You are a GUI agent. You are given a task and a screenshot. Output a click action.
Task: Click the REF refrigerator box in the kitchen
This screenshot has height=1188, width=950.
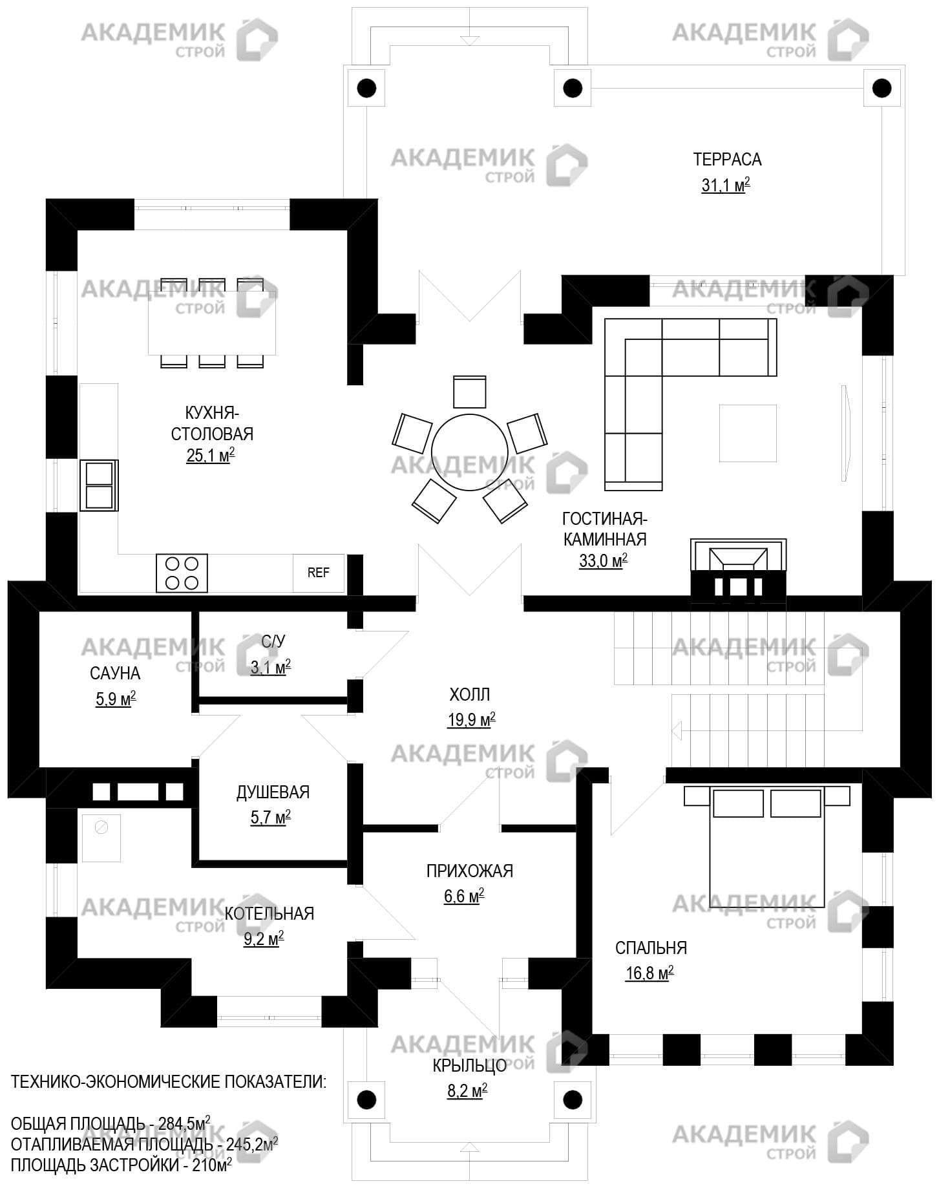click(318, 573)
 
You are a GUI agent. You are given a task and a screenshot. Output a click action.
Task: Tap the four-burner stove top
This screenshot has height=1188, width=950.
click(182, 573)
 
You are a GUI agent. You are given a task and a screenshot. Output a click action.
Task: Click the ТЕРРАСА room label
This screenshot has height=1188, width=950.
click(727, 159)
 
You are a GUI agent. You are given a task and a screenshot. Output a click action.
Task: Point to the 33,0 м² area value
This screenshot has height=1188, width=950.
click(602, 561)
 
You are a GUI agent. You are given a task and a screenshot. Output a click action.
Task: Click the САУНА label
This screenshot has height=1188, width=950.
click(115, 674)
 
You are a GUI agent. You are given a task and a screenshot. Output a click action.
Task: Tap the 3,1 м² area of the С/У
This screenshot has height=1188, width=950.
click(270, 667)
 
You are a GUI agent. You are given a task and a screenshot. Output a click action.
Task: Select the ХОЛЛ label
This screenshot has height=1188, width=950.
click(470, 695)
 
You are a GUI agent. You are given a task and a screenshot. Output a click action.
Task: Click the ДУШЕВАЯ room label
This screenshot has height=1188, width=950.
click(273, 792)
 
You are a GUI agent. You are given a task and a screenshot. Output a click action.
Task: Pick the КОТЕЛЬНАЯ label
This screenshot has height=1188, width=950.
click(269, 913)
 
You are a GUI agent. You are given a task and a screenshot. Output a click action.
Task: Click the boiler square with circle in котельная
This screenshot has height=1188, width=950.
click(101, 837)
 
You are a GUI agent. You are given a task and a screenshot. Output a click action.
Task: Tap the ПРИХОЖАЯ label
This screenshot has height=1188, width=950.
click(470, 871)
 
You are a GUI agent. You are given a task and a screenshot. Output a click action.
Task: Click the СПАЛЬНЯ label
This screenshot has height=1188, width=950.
click(651, 948)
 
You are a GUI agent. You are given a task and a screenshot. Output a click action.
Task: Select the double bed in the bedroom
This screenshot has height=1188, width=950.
click(767, 847)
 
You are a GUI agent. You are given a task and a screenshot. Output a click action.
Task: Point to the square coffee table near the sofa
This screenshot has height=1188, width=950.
click(748, 433)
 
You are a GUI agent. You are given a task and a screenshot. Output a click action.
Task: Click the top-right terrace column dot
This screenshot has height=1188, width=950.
click(881, 87)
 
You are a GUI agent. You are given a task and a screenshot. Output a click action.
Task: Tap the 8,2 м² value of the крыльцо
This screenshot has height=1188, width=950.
click(467, 1091)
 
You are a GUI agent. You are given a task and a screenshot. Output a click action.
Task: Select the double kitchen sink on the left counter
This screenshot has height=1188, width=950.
click(99, 485)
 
